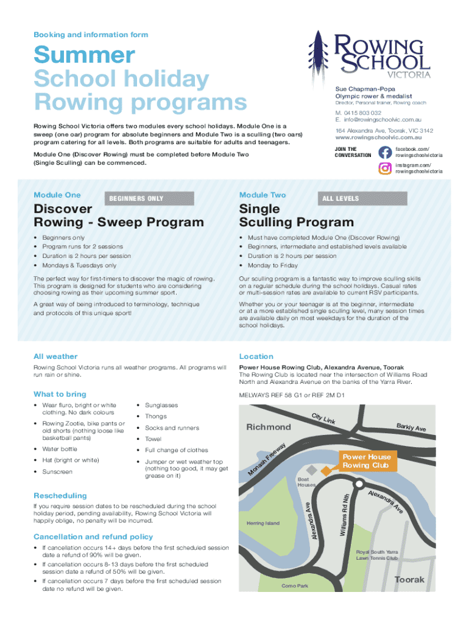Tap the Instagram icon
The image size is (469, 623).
384,168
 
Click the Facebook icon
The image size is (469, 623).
384,152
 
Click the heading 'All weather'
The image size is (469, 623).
55,357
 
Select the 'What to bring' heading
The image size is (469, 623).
60,394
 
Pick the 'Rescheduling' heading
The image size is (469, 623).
60,496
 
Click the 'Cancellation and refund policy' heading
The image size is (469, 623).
93,537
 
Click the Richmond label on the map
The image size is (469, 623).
269,427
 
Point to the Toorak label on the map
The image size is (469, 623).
409,579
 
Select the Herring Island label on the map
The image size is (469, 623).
263,523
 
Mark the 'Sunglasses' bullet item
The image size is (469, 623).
161,405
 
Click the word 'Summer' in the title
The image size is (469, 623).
84,55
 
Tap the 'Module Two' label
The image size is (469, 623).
263,195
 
